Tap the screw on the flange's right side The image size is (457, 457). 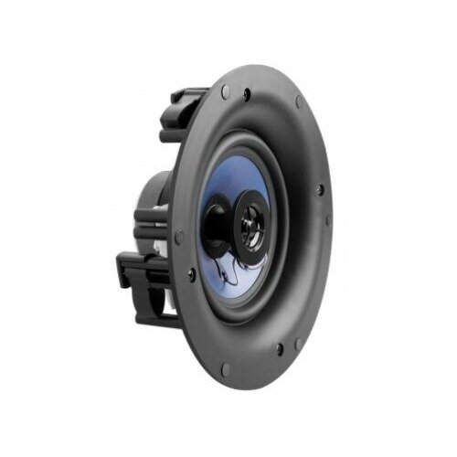tap(319, 191)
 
